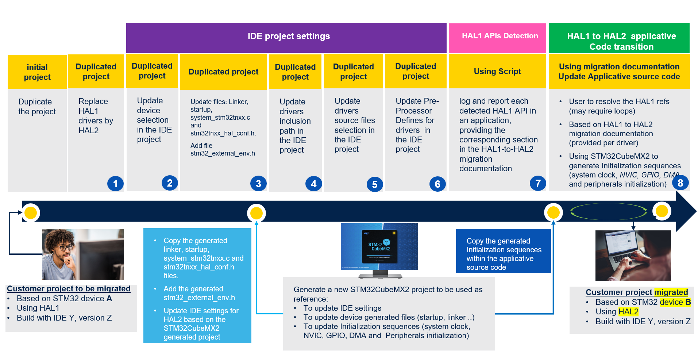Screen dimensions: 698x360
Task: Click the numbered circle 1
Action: point(115,184)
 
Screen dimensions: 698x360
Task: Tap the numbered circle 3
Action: point(258,184)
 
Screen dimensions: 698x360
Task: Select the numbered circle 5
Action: point(375,185)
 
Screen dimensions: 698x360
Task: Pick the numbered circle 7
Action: point(538,183)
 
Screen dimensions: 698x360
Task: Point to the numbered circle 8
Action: point(680,183)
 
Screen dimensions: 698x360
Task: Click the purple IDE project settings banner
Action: point(286,38)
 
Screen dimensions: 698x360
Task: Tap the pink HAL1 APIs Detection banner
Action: point(497,38)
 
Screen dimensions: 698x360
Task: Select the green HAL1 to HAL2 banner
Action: point(619,38)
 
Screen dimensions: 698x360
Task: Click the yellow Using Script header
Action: point(497,72)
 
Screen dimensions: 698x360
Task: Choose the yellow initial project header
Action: point(37,72)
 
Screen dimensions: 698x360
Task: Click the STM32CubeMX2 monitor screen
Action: point(379,246)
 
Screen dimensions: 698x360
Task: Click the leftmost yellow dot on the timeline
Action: point(31,212)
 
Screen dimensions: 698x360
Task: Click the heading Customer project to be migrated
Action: point(69,288)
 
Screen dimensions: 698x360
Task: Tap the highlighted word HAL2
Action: point(628,311)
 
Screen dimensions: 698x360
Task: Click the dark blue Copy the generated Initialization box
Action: point(504,251)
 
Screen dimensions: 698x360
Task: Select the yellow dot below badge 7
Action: point(554,212)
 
